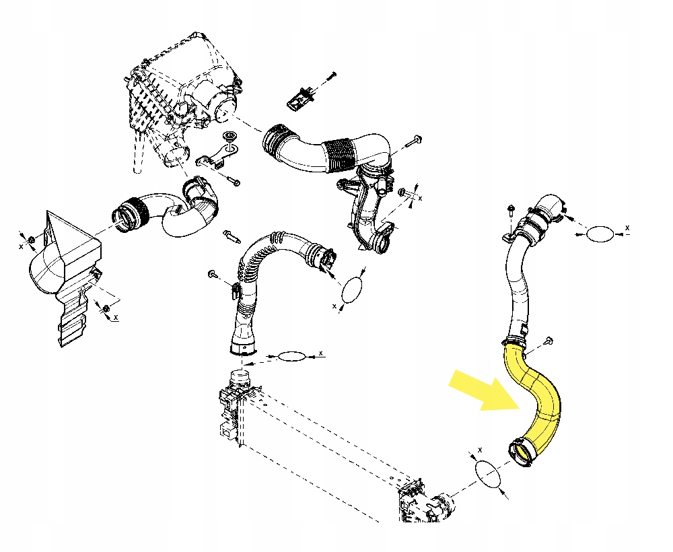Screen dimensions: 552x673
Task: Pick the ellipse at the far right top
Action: [600, 234]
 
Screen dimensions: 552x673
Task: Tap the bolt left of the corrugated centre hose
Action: [213, 274]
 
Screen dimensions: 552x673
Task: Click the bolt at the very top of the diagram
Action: [331, 74]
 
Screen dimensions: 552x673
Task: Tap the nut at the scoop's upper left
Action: [31, 240]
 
